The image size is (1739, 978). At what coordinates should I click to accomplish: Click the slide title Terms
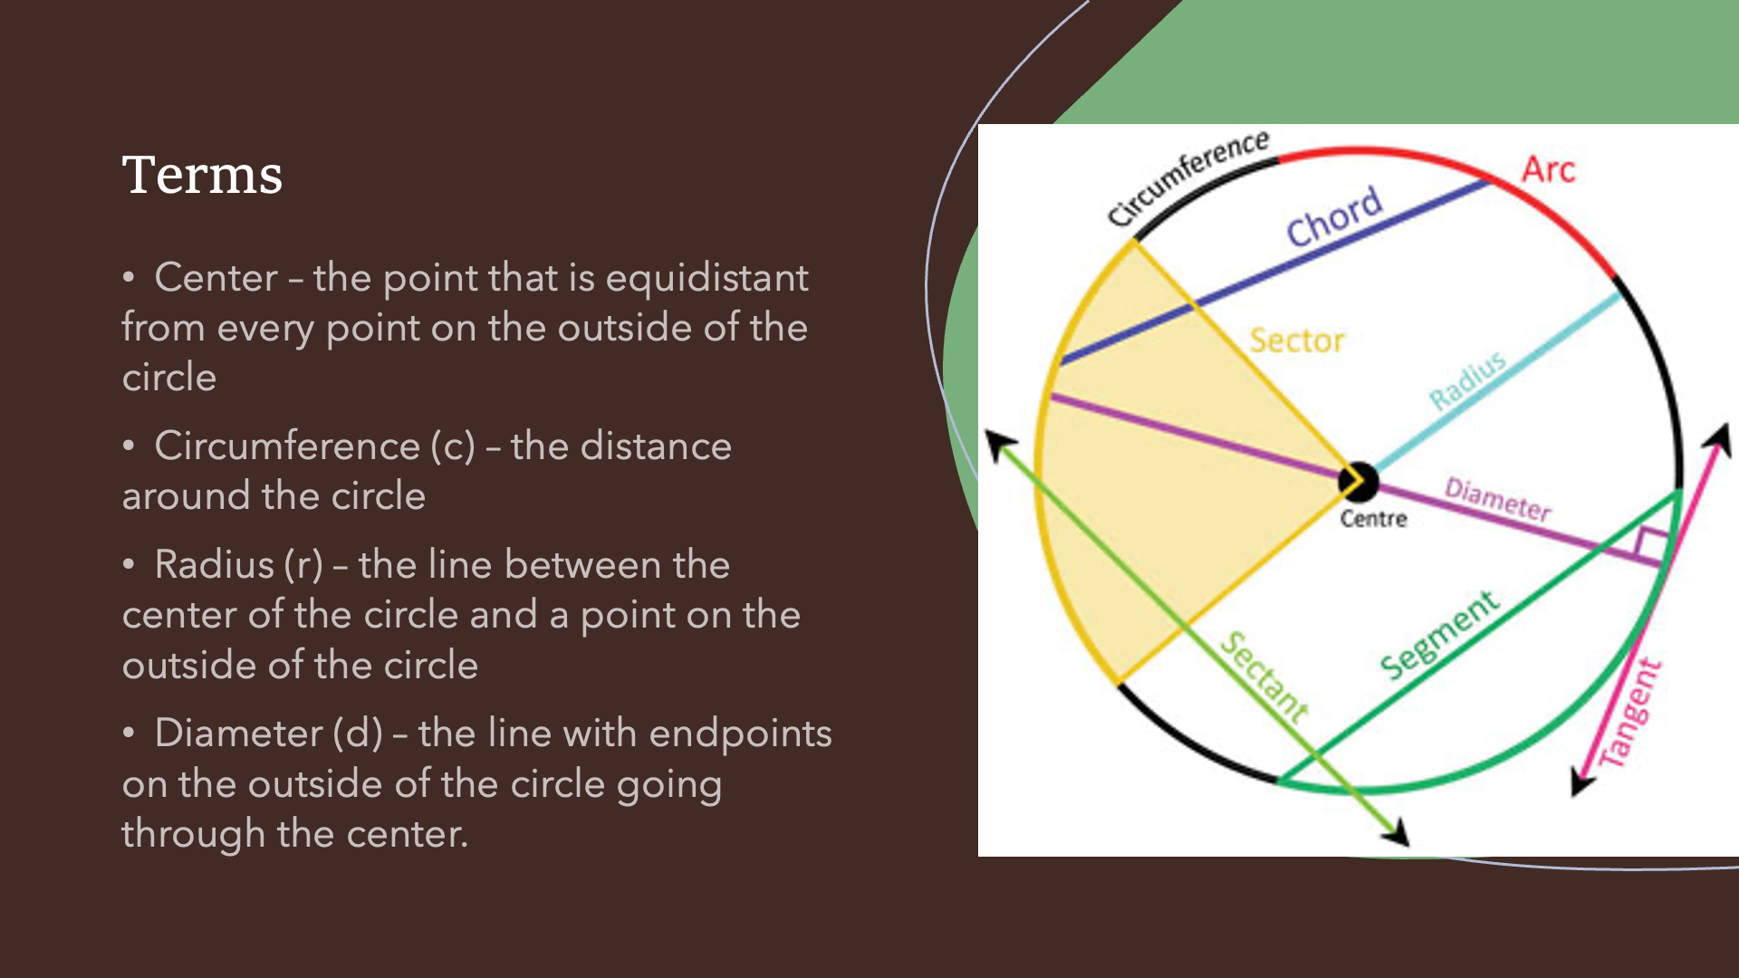[x=202, y=175]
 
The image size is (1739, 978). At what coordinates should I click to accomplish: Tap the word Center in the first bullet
[x=216, y=277]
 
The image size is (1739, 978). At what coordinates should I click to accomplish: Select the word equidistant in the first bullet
[x=706, y=279]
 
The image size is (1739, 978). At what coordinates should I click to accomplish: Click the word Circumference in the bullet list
[x=287, y=446]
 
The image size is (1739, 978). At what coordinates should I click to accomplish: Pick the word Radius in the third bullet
[x=214, y=564]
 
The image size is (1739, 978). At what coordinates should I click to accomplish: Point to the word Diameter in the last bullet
[x=238, y=733]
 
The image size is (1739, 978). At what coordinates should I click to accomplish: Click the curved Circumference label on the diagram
[x=1188, y=178]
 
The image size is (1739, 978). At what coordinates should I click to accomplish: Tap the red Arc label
[x=1548, y=169]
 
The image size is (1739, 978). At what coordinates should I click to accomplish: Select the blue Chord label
[x=1335, y=217]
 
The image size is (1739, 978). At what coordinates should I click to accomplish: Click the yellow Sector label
[x=1297, y=340]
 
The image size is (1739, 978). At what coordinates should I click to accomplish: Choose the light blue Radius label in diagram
[x=1467, y=380]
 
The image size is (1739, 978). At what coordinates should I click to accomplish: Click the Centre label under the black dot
[x=1373, y=519]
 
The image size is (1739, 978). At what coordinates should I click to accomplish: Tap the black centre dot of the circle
[x=1359, y=481]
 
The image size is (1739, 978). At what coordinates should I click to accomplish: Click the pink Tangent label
[x=1629, y=714]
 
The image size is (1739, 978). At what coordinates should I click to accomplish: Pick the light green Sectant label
[x=1264, y=677]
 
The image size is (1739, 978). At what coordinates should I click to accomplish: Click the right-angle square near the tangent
[x=1651, y=544]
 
